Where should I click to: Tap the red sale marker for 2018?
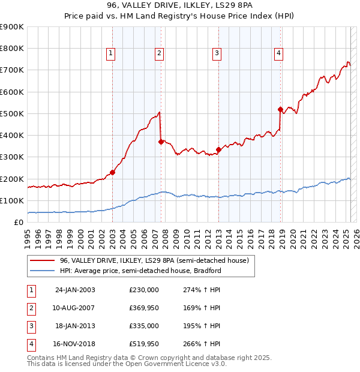click(280, 109)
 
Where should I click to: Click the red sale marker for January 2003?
click(112, 172)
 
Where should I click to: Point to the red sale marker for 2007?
click(161, 142)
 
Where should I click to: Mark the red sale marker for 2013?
click(218, 149)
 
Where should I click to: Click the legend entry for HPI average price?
click(140, 271)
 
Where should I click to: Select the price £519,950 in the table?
click(144, 344)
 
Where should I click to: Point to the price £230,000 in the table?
click(144, 290)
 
